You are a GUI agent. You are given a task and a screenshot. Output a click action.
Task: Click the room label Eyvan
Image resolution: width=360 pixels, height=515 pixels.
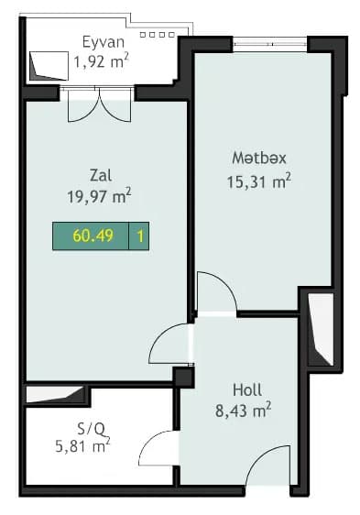click(x=103, y=41)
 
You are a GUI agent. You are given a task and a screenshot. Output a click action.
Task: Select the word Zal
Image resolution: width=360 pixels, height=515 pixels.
click(x=101, y=174)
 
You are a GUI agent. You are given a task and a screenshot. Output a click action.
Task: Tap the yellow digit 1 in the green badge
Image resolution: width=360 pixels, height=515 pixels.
click(x=140, y=236)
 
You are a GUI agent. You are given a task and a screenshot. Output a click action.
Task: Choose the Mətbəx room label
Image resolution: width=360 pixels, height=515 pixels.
click(x=253, y=159)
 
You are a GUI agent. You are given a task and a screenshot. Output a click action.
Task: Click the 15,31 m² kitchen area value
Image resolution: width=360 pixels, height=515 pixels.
click(x=258, y=181)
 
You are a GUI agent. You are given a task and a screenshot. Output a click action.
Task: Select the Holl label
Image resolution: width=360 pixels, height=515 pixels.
click(x=247, y=389)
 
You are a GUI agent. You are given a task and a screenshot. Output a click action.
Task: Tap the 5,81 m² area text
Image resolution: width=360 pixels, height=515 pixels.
click(x=82, y=447)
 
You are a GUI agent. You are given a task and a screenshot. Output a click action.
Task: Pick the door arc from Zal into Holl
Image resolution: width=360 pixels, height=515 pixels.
click(x=170, y=345)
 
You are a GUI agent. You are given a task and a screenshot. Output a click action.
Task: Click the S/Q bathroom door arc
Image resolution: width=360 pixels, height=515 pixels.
click(x=158, y=451)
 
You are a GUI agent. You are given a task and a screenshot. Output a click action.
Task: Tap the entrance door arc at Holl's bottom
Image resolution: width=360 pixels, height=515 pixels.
click(x=271, y=471)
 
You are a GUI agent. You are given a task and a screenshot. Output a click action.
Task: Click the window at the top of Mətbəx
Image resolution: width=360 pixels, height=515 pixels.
click(x=270, y=42)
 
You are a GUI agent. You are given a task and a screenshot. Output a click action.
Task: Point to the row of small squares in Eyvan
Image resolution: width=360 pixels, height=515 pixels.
click(x=161, y=35)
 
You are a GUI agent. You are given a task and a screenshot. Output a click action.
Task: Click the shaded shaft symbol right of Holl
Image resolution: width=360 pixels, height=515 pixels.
click(x=320, y=330)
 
